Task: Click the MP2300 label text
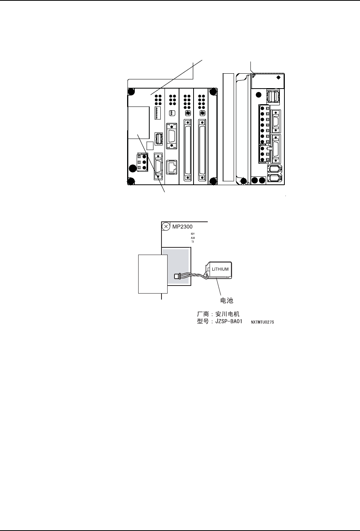pyautogui.click(x=182, y=226)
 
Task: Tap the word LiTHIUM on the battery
pyautogui.click(x=220, y=269)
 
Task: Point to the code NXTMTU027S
pyautogui.click(x=262, y=322)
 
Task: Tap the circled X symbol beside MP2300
pyautogui.click(x=166, y=227)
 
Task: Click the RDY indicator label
pyautogui.click(x=193, y=234)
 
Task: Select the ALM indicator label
pyautogui.click(x=193, y=238)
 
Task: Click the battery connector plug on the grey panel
pyautogui.click(x=176, y=276)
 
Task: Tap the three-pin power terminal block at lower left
pyautogui.click(x=142, y=163)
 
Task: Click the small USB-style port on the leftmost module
pyautogui.click(x=158, y=138)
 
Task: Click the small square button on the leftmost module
pyautogui.click(x=150, y=145)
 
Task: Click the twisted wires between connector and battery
pyautogui.click(x=193, y=276)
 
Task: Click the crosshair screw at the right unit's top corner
pyautogui.click(x=278, y=77)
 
